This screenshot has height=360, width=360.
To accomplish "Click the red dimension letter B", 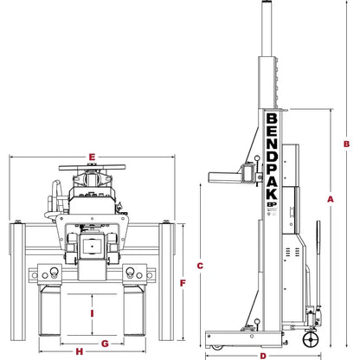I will [x=346, y=144].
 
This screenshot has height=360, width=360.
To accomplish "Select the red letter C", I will [x=198, y=265].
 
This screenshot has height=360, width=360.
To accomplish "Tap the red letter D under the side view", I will [x=262, y=355].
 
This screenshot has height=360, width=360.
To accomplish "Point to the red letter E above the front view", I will [x=91, y=157].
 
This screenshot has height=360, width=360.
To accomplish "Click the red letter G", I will [x=105, y=344].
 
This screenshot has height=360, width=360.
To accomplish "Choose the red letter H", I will [x=78, y=351].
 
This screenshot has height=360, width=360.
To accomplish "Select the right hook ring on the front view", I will [x=132, y=273].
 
